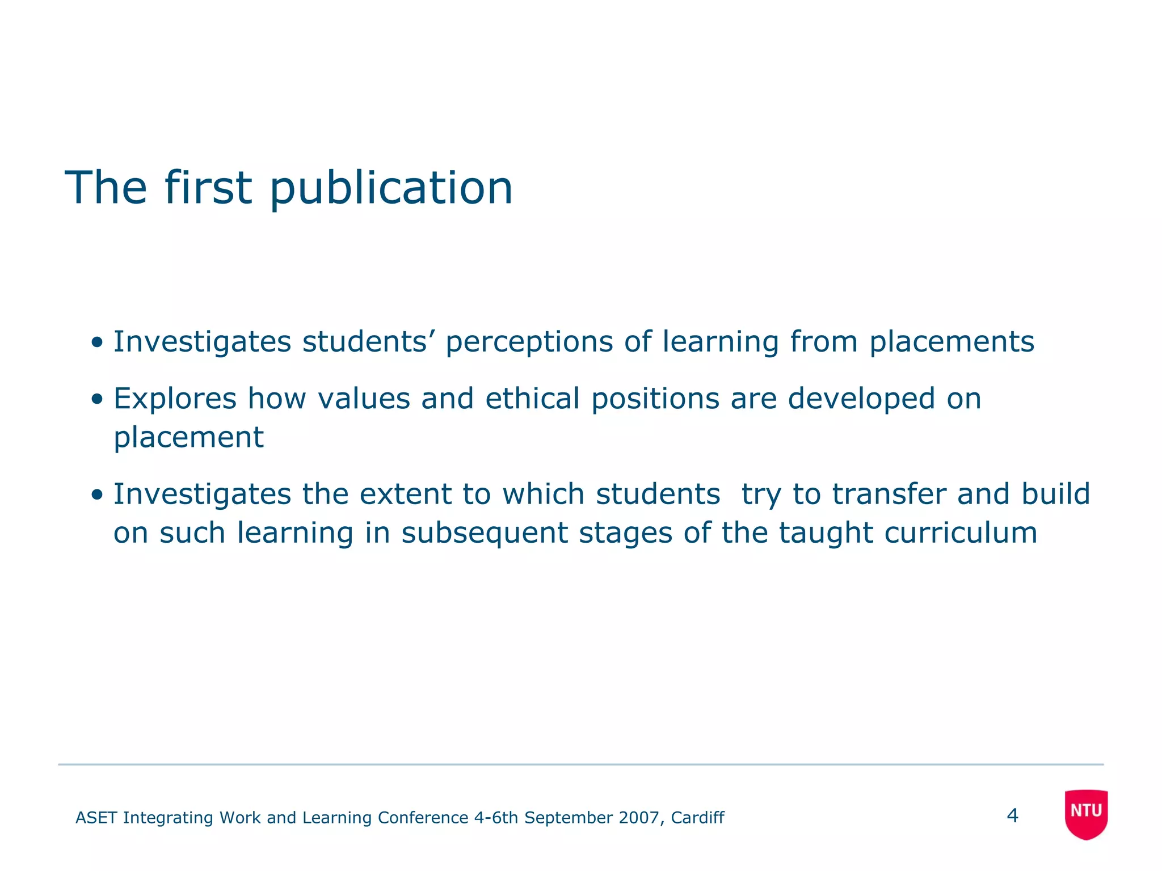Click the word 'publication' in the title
(391, 188)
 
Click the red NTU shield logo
(1086, 814)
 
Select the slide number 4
(1012, 816)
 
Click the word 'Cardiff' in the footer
(697, 818)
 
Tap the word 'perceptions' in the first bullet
(529, 343)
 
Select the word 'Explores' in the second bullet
(175, 399)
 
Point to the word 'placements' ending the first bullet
(952, 343)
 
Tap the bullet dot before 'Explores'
(97, 399)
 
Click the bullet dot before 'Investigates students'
(97, 343)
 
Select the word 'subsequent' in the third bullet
(485, 533)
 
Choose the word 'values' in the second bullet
(364, 398)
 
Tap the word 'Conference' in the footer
(423, 818)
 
